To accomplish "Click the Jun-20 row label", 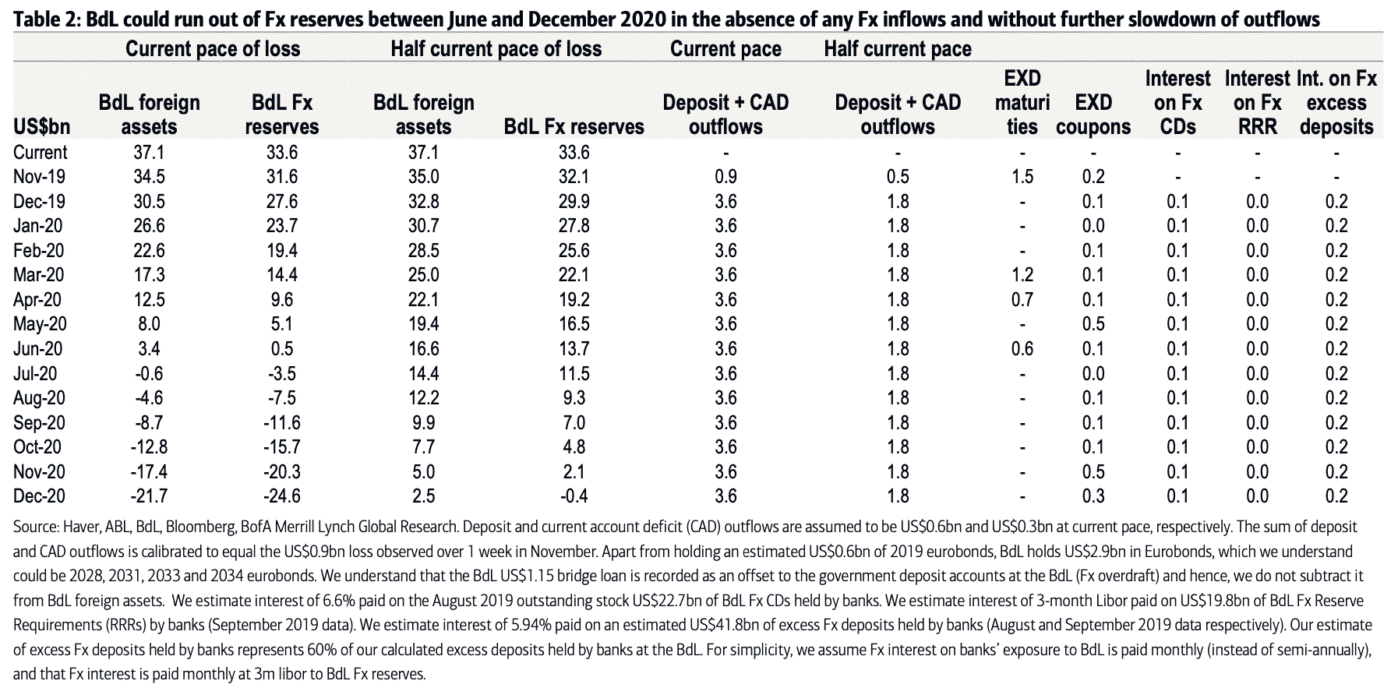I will (x=38, y=348).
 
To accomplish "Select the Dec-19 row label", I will (x=39, y=201).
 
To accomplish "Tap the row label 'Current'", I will (x=40, y=152).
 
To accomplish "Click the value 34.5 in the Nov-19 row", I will (x=150, y=177).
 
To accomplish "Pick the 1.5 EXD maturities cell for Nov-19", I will (x=1022, y=177).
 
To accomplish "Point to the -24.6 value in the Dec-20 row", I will (x=281, y=496).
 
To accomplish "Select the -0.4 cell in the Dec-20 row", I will (x=574, y=496).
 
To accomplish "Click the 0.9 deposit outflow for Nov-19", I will (x=725, y=177).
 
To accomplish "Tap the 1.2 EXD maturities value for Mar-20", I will (x=1022, y=275).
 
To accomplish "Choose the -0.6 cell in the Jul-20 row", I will (x=149, y=373).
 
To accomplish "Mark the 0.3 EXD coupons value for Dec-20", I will (x=1093, y=496).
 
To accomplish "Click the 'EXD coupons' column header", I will (x=1093, y=115).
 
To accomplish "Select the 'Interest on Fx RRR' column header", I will (x=1258, y=102).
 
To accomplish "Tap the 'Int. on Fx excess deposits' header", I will (x=1336, y=102).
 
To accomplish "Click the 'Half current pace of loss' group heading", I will (x=496, y=49).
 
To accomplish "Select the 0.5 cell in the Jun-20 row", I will (x=281, y=348).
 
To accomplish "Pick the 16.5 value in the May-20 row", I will (x=574, y=324).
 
